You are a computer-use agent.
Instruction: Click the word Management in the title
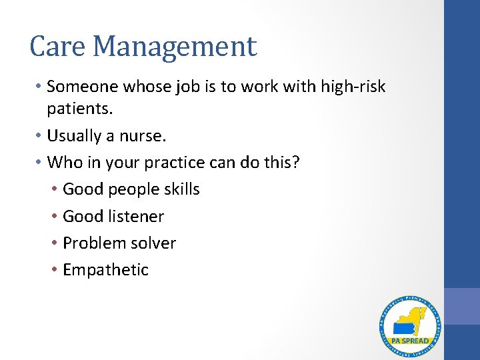point(174,47)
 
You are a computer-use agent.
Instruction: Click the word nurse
point(145,136)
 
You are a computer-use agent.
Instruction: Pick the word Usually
point(75,136)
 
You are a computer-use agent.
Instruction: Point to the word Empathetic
point(105,270)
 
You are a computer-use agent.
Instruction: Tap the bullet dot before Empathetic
point(54,270)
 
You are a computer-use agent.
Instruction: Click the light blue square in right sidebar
point(462,307)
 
